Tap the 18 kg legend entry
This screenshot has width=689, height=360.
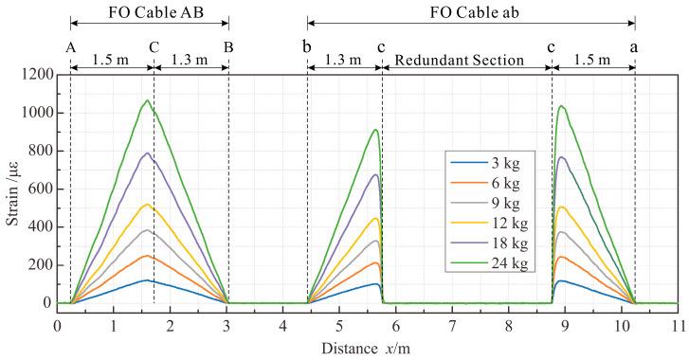[497, 237]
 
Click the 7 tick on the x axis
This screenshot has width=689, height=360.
[452, 324]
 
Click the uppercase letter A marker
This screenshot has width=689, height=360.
[70, 45]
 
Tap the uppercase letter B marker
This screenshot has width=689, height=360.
[228, 45]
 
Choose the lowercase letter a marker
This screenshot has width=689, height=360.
[634, 45]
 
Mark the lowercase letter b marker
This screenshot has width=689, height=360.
[307, 45]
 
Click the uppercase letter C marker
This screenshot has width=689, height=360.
[154, 45]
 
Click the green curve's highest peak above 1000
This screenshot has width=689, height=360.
[147, 100]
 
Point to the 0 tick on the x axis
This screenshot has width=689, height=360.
[57, 324]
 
